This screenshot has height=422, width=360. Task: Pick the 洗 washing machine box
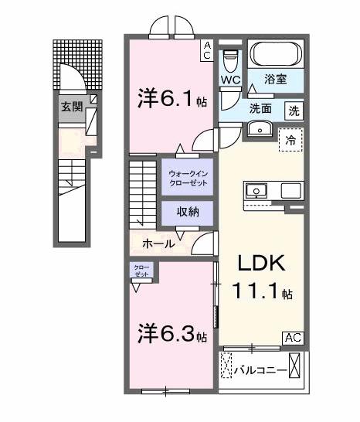point(294,110)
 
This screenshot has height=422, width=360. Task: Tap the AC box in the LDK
point(294,337)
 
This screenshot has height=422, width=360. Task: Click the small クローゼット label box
point(141,271)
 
